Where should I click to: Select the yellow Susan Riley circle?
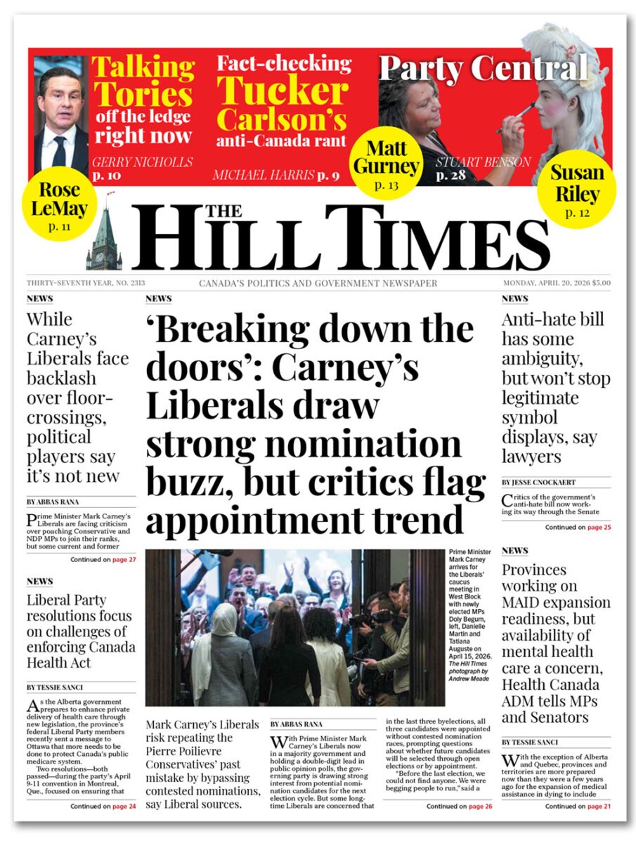click(x=576, y=188)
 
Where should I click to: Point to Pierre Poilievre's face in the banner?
click(x=61, y=95)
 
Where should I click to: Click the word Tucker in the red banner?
click(x=282, y=92)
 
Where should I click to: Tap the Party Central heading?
click(x=484, y=68)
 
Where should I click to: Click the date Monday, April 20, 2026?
click(x=547, y=283)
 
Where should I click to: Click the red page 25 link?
click(x=599, y=527)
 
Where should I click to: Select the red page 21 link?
click(x=599, y=806)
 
